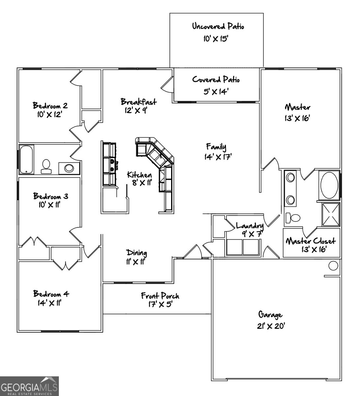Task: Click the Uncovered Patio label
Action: point(218,26)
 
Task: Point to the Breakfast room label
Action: point(138,102)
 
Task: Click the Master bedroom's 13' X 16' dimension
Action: point(297,118)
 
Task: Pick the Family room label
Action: point(216,146)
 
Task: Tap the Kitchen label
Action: point(139,175)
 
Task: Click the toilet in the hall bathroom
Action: point(46,166)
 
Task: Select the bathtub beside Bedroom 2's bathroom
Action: point(26,160)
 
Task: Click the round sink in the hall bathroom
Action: point(69,168)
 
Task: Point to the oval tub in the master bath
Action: point(329,185)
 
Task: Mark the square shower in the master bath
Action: point(331,214)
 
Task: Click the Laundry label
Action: point(250,226)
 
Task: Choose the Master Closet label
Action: point(310,241)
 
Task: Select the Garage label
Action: point(270,314)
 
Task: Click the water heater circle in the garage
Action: point(333,265)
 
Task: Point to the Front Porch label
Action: point(160,296)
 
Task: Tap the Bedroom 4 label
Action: point(51,294)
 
